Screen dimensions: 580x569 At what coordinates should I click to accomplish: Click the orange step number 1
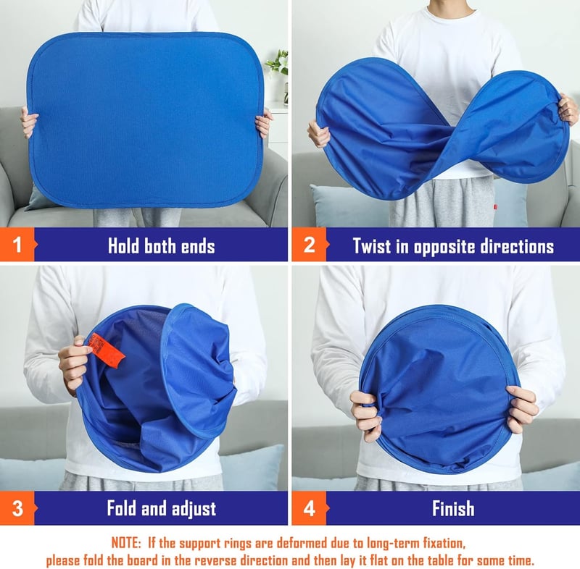pos(17,245)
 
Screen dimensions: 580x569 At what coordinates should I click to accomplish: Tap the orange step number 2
pos(310,245)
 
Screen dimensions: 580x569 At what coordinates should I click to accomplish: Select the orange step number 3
pos(17,508)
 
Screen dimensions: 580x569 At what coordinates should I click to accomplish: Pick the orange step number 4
pos(310,508)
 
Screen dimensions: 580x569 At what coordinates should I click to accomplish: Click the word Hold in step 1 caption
pos(123,246)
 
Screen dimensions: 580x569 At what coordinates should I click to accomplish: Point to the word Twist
pos(372,246)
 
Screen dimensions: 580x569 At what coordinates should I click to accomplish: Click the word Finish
pos(453,508)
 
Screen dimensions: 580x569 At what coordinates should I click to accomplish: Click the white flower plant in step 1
pos(279,63)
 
